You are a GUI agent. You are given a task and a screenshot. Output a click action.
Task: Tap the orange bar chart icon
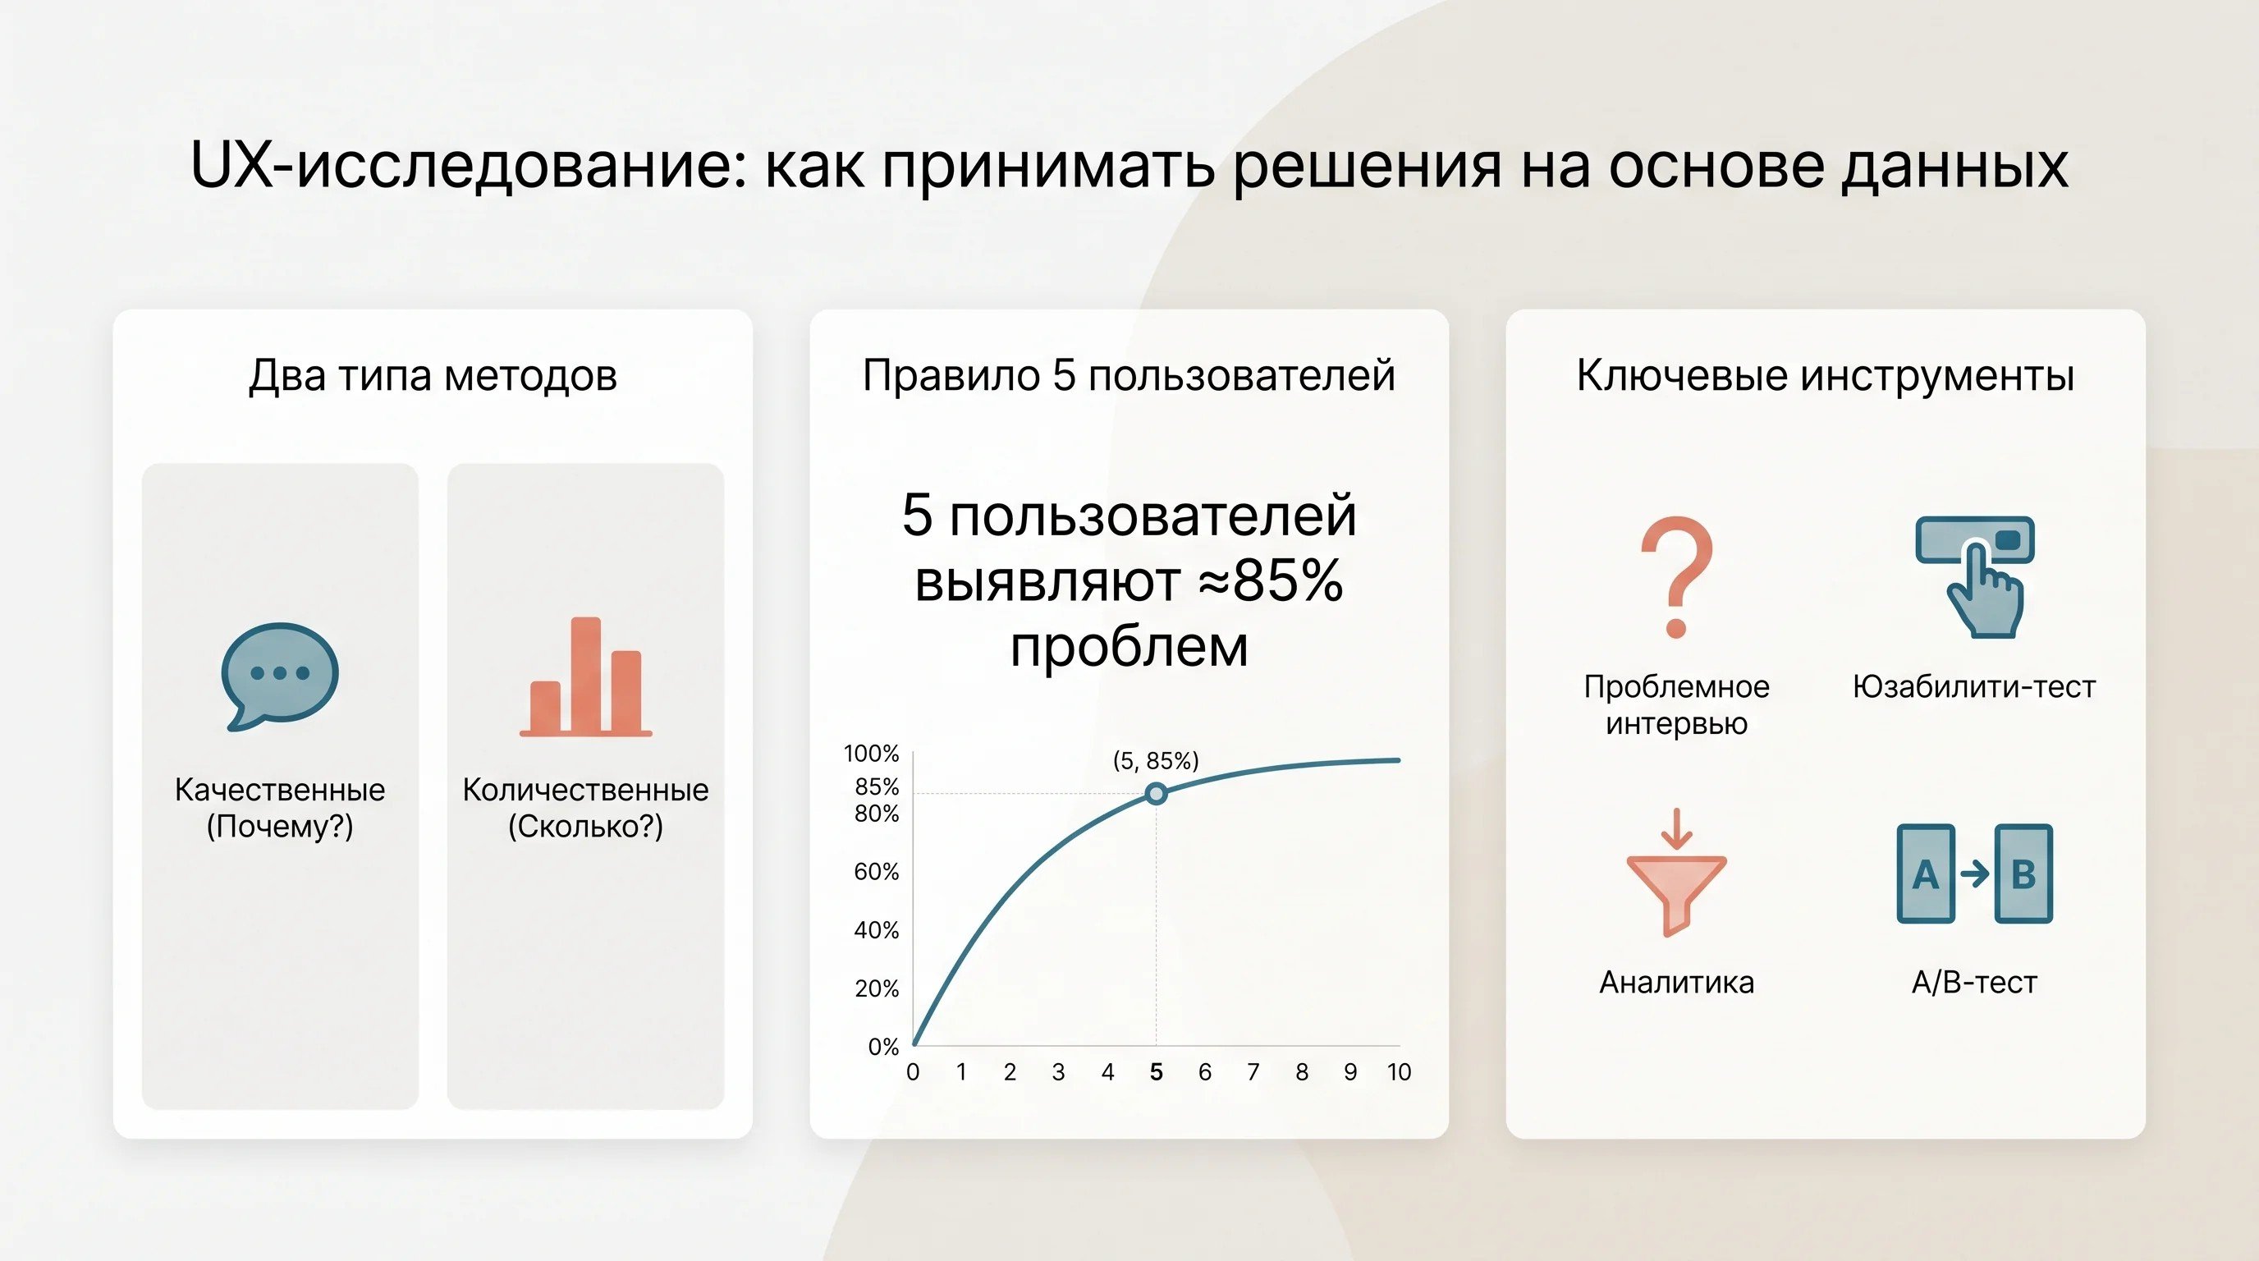(586, 677)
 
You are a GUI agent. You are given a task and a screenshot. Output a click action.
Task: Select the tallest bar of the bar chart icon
(586, 674)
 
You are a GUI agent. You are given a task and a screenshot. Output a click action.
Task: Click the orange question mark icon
(1677, 576)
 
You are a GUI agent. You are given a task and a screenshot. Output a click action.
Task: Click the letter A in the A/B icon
(1926, 874)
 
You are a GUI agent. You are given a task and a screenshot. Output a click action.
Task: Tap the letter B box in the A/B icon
(2024, 874)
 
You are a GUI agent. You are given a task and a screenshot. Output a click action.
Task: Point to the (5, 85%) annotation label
(1156, 760)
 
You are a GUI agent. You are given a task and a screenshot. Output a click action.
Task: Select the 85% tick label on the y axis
(877, 786)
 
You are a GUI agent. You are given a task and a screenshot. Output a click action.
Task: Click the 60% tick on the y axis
(877, 872)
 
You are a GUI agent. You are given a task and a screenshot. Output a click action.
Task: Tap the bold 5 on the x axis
(1156, 1071)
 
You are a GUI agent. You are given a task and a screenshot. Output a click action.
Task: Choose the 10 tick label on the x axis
(1399, 1071)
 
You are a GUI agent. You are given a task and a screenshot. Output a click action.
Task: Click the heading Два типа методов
(433, 375)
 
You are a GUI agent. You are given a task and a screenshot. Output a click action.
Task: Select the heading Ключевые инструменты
(1826, 375)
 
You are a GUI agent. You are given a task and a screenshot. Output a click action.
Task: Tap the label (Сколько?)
(586, 826)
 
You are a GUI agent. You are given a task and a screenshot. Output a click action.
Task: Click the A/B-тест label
(1974, 982)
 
